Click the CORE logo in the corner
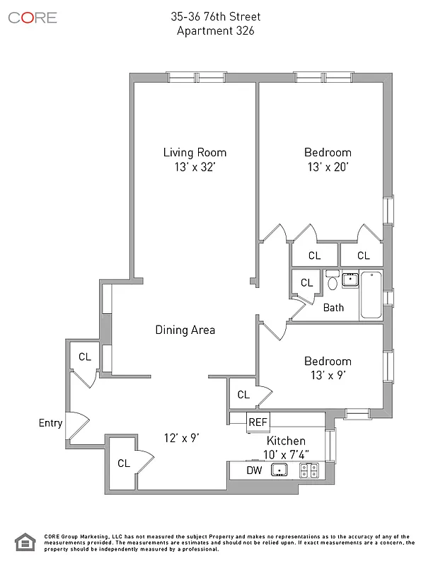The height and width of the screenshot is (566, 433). tap(33, 18)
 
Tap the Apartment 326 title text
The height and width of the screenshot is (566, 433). tap(216, 30)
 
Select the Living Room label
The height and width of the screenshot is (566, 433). tap(195, 152)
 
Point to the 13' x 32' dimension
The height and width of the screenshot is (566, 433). tap(195, 167)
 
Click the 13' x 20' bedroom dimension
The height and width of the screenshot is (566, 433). tap(328, 167)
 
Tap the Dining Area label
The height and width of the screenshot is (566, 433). tap(185, 330)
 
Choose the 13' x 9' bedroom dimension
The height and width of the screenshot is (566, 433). tap(328, 375)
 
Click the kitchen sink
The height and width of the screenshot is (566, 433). tap(281, 470)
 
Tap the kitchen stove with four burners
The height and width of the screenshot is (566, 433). tap(310, 470)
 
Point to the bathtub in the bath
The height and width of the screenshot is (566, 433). tap(370, 295)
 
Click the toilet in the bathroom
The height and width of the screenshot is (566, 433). tap(333, 283)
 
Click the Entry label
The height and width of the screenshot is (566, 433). tap(50, 423)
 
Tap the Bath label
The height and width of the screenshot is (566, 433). tap(333, 308)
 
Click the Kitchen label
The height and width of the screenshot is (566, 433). tap(286, 441)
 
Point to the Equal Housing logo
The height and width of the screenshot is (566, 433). tap(25, 542)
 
